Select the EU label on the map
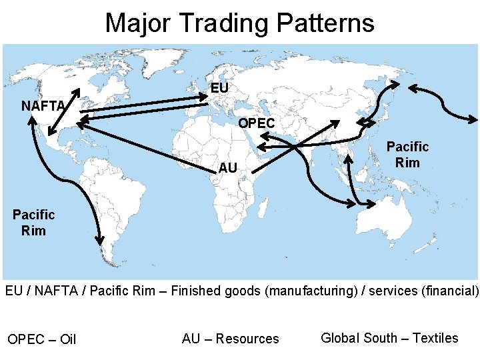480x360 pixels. click(x=219, y=88)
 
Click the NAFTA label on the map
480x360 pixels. click(x=43, y=105)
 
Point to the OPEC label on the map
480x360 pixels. click(x=256, y=124)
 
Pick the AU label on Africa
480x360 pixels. click(x=228, y=168)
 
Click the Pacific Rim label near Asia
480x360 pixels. click(x=407, y=154)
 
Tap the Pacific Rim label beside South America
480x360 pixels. click(x=33, y=222)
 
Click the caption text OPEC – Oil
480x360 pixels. click(x=42, y=339)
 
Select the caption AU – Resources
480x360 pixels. click(x=230, y=339)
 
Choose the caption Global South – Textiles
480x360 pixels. click(x=389, y=337)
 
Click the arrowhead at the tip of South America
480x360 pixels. click(x=101, y=240)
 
